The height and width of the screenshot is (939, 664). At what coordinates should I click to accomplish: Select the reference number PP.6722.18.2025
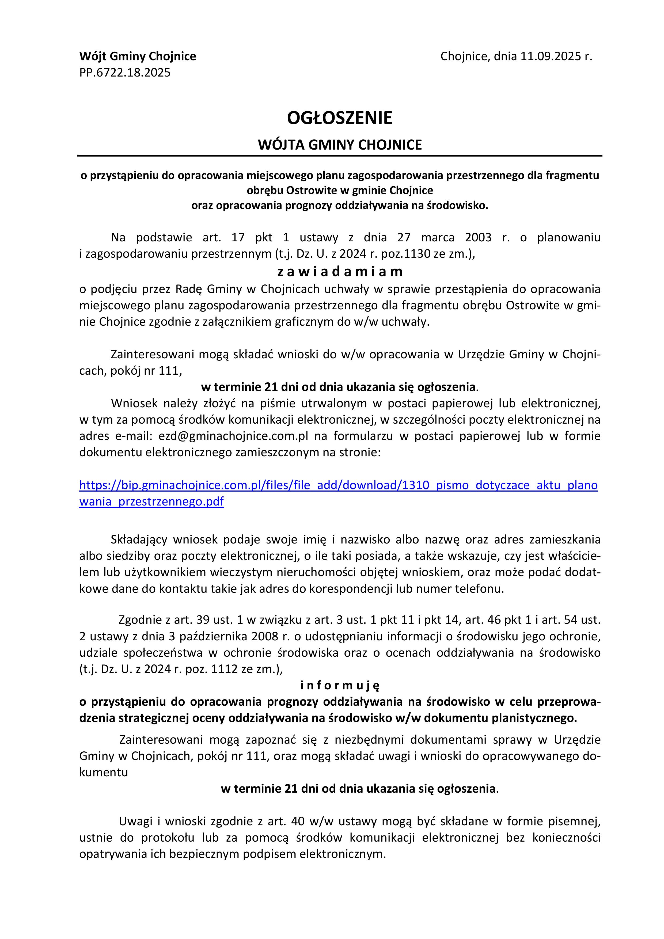click(125, 73)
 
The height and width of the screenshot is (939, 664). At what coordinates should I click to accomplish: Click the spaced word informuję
click(340, 685)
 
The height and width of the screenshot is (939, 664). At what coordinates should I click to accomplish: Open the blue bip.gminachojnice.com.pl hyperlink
click(338, 485)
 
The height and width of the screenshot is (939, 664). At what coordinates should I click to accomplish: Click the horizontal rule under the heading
click(340, 156)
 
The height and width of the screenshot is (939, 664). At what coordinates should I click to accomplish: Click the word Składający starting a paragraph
click(139, 540)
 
